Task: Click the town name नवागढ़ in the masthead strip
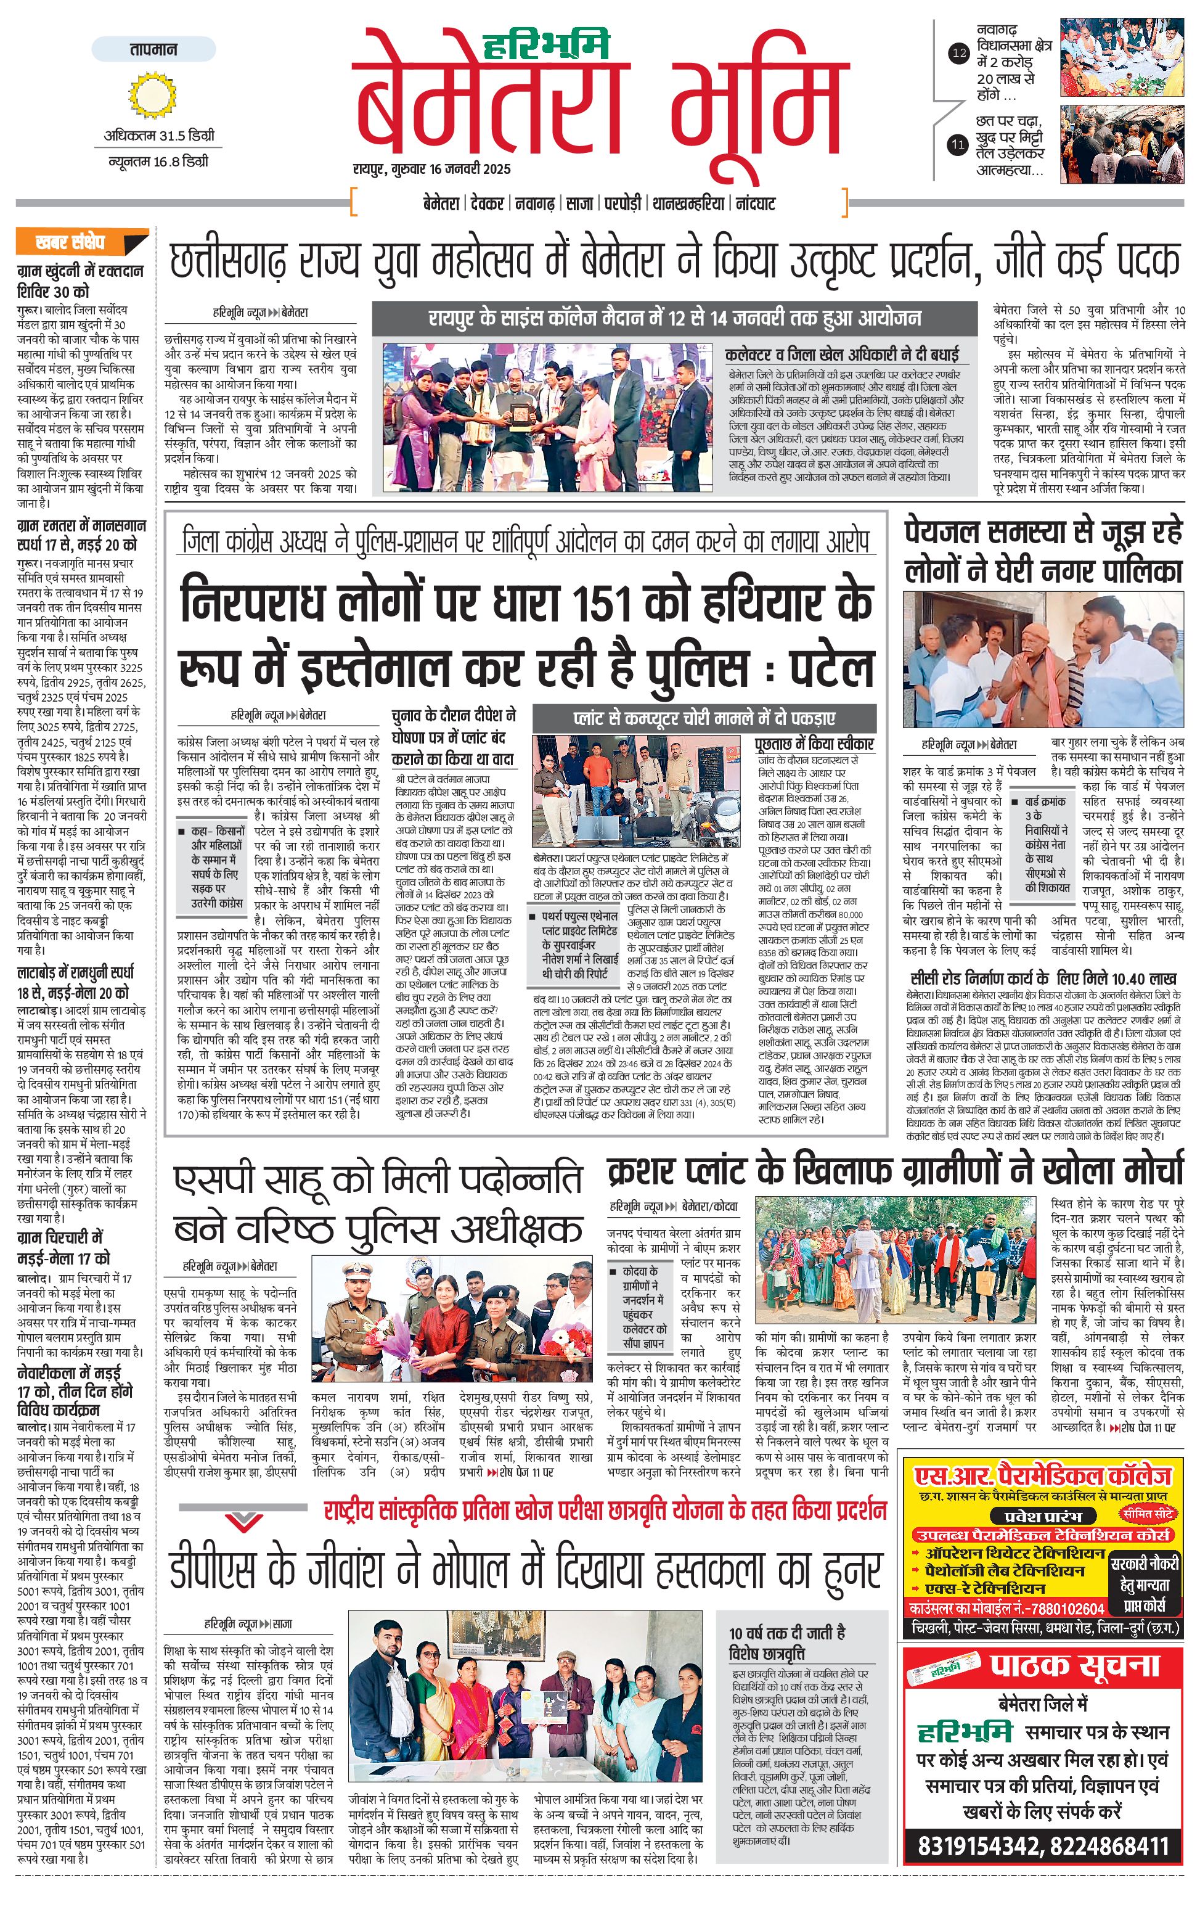point(534,203)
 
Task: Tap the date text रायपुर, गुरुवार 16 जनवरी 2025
point(431,169)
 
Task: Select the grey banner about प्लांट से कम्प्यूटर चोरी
point(704,718)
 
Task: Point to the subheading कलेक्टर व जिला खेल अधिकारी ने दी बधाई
point(841,354)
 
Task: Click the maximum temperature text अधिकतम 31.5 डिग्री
point(158,136)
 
